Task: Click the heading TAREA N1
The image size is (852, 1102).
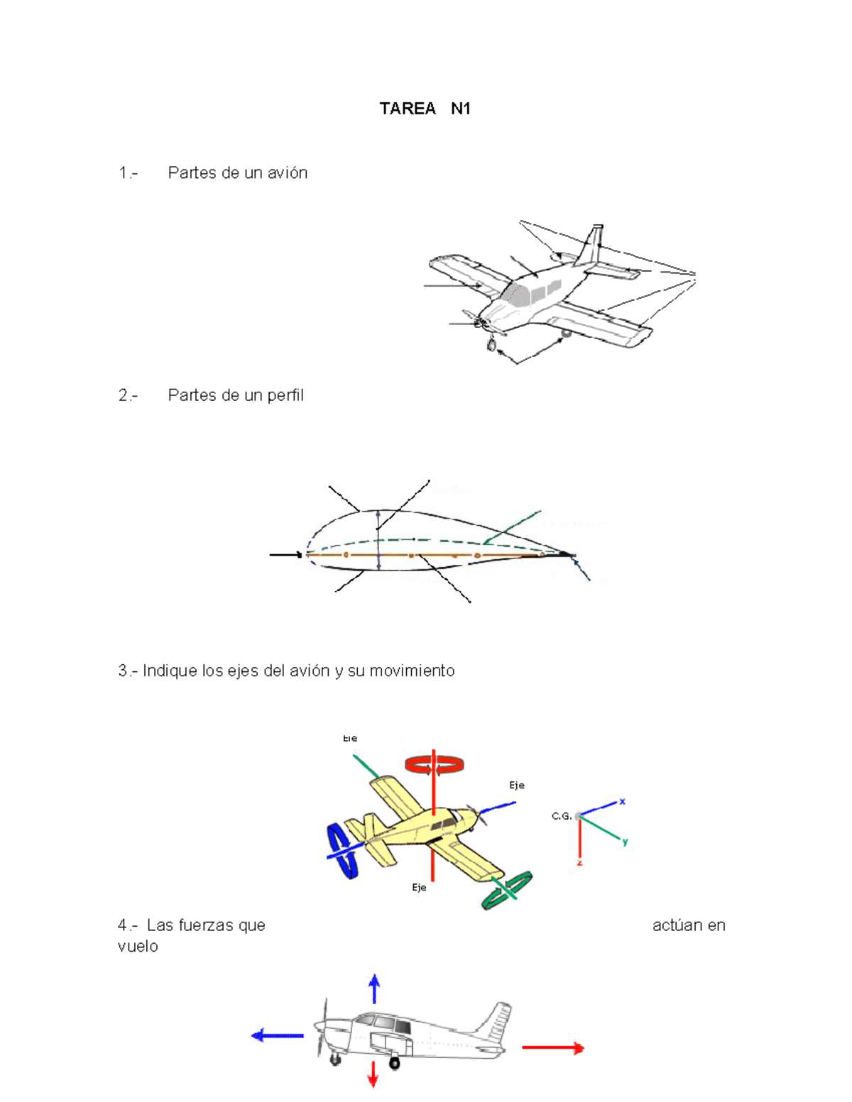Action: (425, 109)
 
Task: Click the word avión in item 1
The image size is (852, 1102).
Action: (286, 173)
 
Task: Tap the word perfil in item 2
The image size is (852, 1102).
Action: (285, 395)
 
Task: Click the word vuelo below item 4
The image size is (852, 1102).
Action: (138, 946)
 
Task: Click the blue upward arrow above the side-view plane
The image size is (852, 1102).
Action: (374, 988)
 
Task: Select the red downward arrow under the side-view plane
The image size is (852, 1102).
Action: (372, 1074)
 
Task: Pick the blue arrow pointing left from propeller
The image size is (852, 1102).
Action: (277, 1036)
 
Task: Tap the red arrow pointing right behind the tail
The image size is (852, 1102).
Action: (553, 1047)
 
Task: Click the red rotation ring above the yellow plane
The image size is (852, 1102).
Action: (434, 764)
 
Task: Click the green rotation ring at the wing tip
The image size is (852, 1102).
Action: (507, 890)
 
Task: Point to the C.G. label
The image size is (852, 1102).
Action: (561, 816)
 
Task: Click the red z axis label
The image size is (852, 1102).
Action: (579, 863)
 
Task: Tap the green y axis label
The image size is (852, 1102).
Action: (625, 842)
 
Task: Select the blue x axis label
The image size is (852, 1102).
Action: (622, 801)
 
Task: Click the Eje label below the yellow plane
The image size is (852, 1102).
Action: (419, 888)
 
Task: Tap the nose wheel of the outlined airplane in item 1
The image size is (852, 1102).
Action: (491, 346)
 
